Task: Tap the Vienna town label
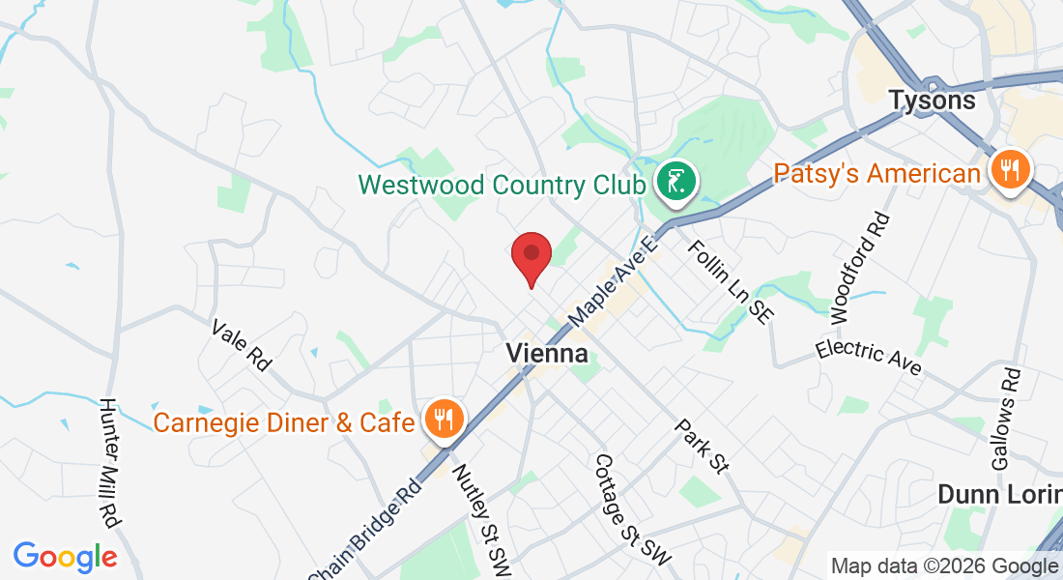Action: point(547,354)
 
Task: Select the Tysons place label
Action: point(933,101)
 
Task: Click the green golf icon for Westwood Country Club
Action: point(674,181)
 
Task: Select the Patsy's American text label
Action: point(877,174)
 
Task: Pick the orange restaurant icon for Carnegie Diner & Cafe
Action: point(445,420)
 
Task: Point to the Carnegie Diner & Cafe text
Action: point(284,422)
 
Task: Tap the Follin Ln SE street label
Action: point(731,282)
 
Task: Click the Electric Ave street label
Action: point(868,357)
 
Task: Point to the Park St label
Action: point(701,446)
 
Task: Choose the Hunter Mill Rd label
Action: point(108,462)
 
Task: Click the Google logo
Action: point(65,557)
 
